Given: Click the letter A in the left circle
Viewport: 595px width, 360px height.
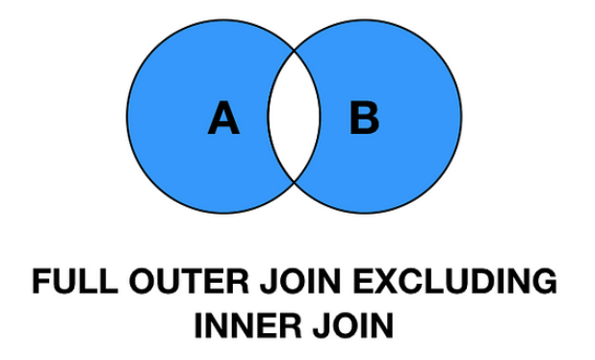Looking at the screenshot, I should tap(222, 120).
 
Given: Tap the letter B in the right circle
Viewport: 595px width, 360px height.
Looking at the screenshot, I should tap(363, 119).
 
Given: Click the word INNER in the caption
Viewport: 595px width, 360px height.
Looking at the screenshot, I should tap(244, 325).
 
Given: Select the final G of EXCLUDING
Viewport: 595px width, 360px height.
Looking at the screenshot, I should tap(544, 284).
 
